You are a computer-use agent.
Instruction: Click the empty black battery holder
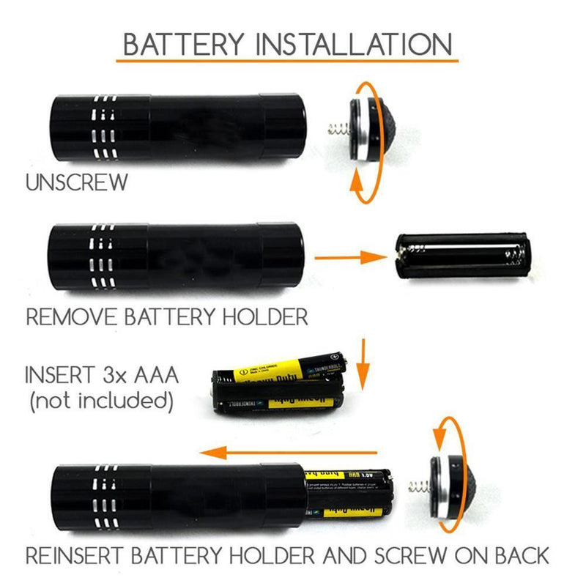[x=461, y=257]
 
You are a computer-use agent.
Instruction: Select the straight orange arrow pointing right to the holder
[x=352, y=257]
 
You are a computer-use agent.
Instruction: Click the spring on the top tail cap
[x=336, y=133]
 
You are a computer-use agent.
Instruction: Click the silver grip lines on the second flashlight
[x=103, y=256]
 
